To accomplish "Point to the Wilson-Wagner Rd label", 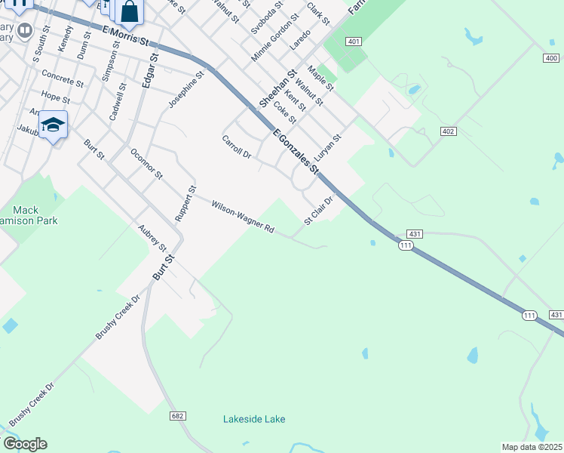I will tap(242, 217).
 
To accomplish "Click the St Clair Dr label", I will tap(319, 211).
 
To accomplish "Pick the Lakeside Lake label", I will tap(254, 419).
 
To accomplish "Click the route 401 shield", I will tap(354, 42).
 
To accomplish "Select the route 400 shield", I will tap(550, 58).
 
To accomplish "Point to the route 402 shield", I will tap(449, 131).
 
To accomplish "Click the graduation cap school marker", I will tap(54, 125).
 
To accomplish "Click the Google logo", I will tap(24, 444).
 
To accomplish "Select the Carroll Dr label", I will tap(236, 146).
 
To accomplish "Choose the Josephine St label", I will tap(187, 89).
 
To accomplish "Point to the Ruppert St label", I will tap(185, 203).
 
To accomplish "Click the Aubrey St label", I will tap(152, 237).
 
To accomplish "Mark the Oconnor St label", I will tap(146, 163).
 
